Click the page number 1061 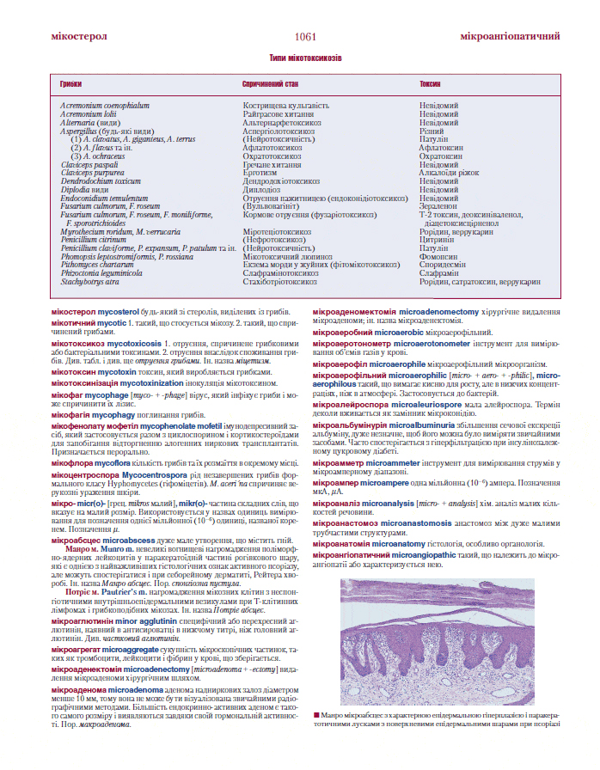pos(305,37)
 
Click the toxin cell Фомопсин pos(438,256)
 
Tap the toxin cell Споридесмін pos(444,265)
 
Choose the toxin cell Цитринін pos(436,240)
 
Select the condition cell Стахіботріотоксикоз pos(280,281)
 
